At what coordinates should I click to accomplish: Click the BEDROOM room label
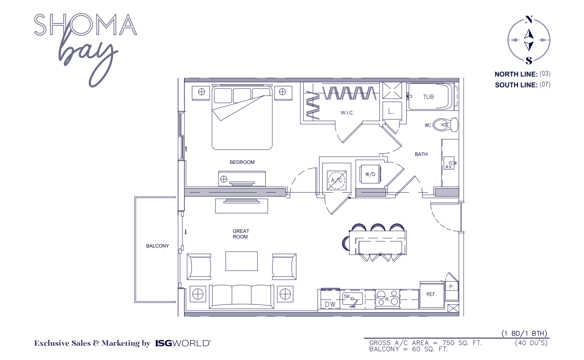(x=242, y=162)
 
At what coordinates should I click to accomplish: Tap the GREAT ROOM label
(x=241, y=234)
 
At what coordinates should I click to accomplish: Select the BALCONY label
(x=157, y=246)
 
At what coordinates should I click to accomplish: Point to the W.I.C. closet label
(x=347, y=113)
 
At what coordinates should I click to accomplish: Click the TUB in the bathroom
(x=429, y=97)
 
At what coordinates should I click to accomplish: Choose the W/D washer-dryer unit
(x=370, y=174)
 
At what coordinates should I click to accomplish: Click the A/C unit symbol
(x=337, y=180)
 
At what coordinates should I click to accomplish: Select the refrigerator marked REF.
(x=431, y=295)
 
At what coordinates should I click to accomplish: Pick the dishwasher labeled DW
(x=330, y=304)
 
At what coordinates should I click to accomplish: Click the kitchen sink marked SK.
(x=353, y=299)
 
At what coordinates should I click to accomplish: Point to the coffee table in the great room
(x=241, y=261)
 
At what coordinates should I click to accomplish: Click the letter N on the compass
(x=529, y=20)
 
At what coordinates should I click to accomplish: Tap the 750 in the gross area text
(x=448, y=343)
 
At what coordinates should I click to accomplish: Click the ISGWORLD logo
(x=183, y=343)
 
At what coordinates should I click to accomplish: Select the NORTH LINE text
(x=516, y=74)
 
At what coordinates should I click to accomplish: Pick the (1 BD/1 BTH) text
(x=524, y=333)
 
